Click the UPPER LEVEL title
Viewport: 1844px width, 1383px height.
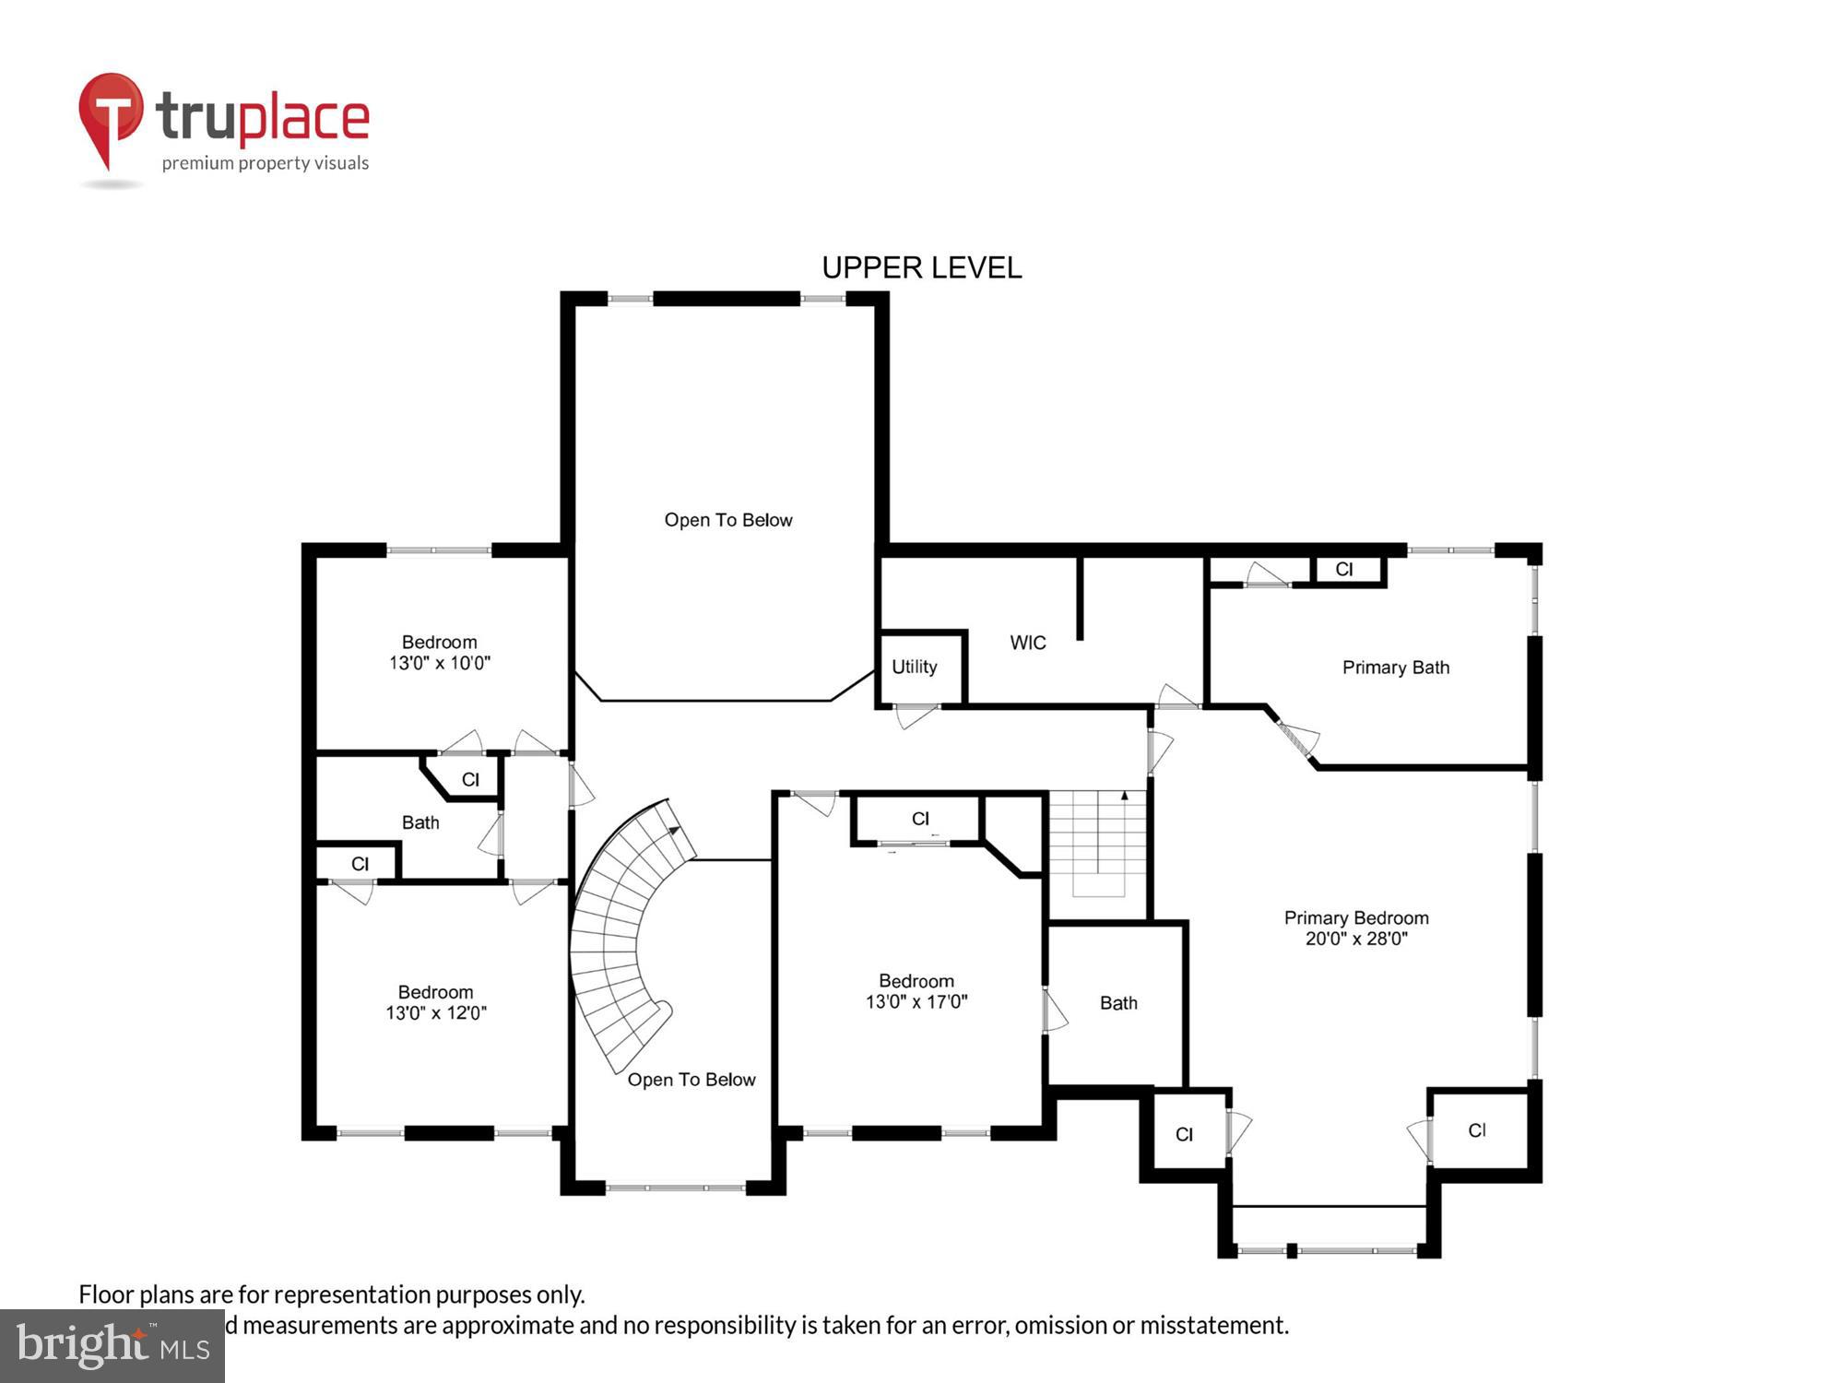921,267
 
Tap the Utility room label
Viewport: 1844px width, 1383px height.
914,667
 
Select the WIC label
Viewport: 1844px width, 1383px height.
1027,643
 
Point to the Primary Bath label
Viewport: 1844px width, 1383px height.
1395,668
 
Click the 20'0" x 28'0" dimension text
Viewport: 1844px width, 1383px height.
1355,939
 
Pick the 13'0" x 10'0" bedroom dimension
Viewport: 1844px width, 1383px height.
439,663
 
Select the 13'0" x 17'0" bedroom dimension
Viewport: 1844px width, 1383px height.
916,1002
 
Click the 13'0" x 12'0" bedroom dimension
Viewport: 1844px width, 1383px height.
435,1013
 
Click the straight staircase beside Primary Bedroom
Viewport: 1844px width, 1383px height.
1097,844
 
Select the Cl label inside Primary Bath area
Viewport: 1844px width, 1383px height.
1343,570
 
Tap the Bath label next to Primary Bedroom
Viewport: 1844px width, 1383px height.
1117,1003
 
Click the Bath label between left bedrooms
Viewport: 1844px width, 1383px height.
420,822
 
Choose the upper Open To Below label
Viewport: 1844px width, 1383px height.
727,520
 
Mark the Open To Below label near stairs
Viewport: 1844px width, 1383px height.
691,1080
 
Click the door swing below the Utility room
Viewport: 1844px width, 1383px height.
915,715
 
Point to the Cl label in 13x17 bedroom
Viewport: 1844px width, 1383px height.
919,819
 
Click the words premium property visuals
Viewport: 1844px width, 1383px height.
266,163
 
